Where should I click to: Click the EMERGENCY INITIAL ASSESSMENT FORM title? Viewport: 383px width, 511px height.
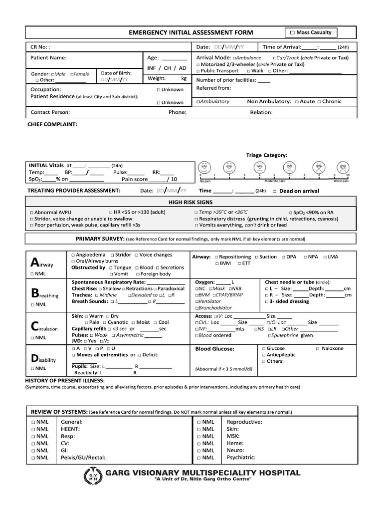point(191,33)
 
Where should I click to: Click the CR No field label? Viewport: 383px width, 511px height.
point(40,47)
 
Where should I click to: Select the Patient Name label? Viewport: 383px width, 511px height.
point(45,58)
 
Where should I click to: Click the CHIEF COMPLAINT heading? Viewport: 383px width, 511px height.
point(52,123)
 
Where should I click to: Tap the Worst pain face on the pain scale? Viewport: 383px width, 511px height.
point(343,167)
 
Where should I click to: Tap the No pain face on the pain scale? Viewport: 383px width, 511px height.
point(204,167)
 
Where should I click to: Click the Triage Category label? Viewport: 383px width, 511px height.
point(266,155)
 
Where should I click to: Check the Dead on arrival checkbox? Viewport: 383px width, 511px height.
point(275,191)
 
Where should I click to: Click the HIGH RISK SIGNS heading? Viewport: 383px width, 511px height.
point(191,202)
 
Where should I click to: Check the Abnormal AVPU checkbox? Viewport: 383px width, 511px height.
point(32,212)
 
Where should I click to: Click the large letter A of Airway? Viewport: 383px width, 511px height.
point(34,262)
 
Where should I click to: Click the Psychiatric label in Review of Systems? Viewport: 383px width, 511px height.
point(241,457)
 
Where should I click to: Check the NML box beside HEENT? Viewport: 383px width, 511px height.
point(32,429)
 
